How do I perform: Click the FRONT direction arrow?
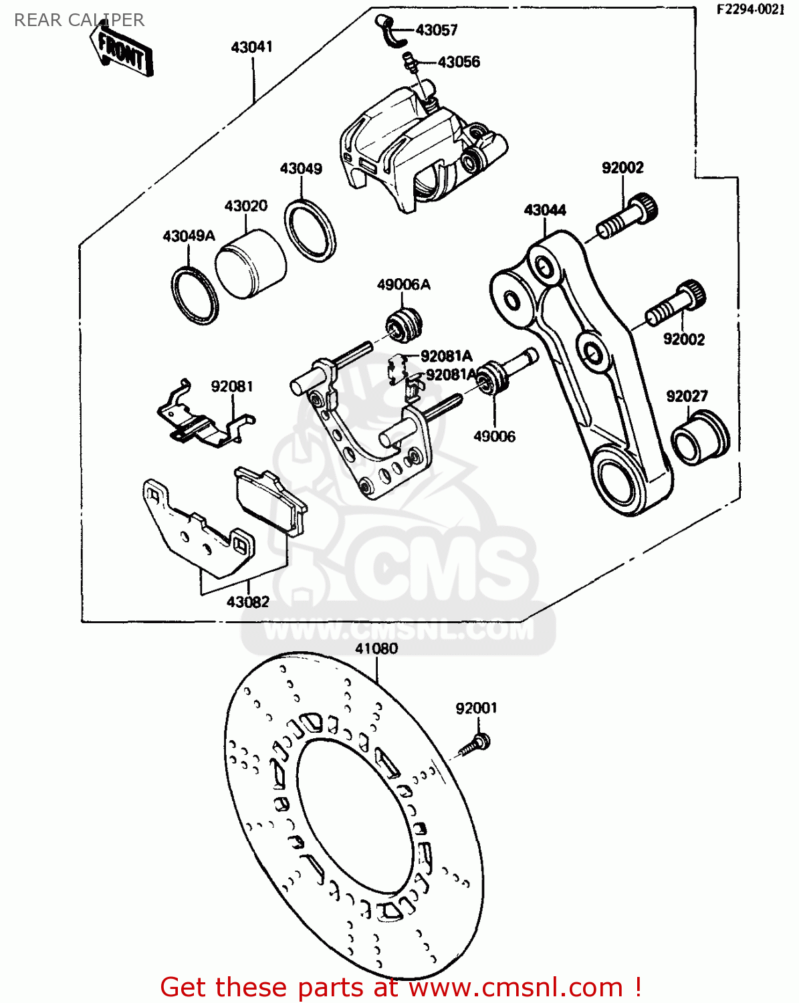click(122, 50)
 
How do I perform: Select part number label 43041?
click(251, 47)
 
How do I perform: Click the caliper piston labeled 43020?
click(251, 265)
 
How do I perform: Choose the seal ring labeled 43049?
click(310, 230)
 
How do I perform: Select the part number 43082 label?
click(248, 602)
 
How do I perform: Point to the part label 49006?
click(494, 437)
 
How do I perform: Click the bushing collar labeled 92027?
click(699, 439)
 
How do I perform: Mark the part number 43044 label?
click(545, 210)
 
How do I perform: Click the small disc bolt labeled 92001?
click(477, 744)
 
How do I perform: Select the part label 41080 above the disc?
click(376, 649)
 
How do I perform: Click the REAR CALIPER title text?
click(79, 20)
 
